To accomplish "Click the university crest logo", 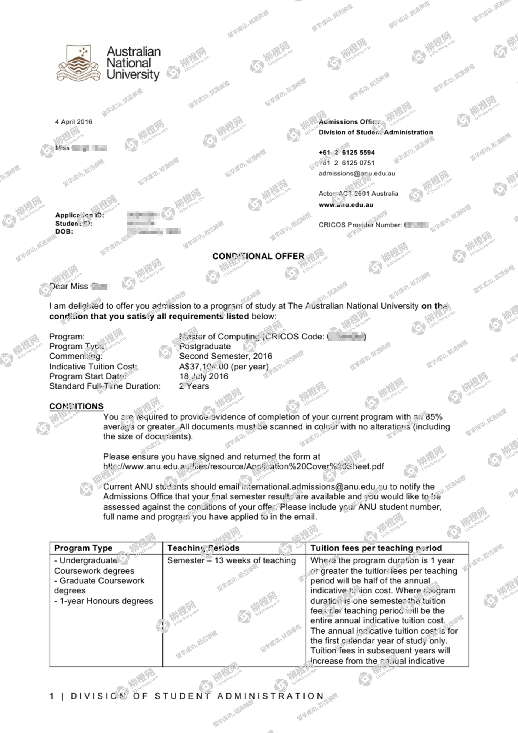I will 78,63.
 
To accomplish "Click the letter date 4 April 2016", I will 74,122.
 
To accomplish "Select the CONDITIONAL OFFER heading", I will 258,256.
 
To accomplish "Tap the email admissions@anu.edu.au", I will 357,173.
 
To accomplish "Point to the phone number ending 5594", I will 347,153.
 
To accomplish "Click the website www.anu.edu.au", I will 346,205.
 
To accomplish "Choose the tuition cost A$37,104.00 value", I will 223,366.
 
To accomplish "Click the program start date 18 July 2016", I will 203,376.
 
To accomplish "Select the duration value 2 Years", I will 194,386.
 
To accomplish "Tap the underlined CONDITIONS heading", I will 76,406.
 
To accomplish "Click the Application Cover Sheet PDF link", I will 243,466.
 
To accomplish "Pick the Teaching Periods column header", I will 203,548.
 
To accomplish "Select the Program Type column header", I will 83,548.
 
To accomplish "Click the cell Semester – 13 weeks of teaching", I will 231,560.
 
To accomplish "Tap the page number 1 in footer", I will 52,696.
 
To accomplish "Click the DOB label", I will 64,232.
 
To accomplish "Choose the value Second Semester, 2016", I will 225,356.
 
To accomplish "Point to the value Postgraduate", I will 205,347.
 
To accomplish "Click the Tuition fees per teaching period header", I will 376,548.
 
